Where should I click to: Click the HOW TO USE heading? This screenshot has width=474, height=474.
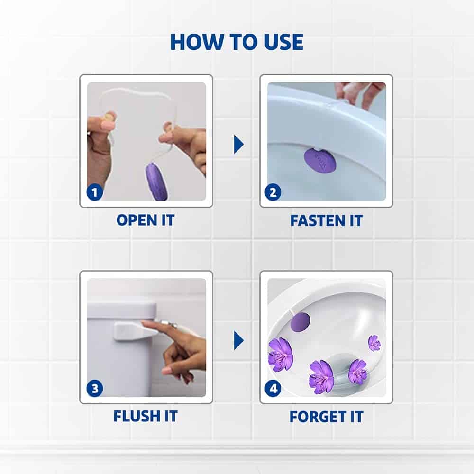[237, 42]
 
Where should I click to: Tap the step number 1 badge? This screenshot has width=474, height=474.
[95, 192]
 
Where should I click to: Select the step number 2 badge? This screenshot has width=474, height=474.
[273, 192]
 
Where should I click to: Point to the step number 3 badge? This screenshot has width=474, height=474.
[95, 389]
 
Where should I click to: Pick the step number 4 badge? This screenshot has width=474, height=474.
[273, 389]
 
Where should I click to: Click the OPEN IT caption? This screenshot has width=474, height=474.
[146, 220]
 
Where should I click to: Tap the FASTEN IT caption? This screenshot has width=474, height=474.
[326, 220]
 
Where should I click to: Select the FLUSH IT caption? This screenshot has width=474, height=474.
[146, 416]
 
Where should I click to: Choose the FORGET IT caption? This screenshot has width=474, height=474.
[326, 417]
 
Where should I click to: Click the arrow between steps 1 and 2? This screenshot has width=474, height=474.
[238, 145]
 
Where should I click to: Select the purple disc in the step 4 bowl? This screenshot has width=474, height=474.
[300, 322]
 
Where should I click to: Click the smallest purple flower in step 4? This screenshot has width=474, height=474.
[374, 343]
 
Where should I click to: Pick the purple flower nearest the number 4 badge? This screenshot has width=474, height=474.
[280, 354]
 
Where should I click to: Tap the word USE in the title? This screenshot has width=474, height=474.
[283, 42]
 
